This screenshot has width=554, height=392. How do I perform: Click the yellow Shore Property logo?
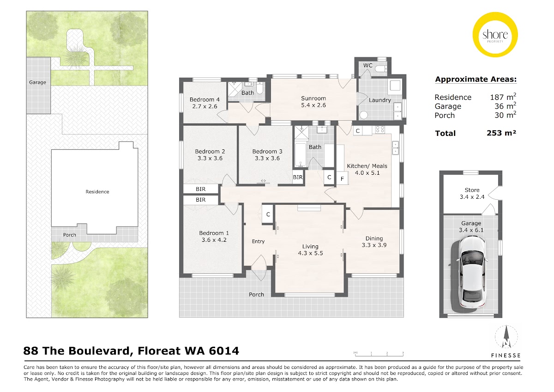[495, 35]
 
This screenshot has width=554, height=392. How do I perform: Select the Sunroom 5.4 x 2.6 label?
[313, 102]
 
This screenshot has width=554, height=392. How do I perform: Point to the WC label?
[368, 65]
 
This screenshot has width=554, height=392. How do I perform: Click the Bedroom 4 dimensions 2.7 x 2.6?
[205, 106]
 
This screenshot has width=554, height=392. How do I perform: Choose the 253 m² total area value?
[501, 133]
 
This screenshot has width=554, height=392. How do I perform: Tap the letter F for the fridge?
[342, 179]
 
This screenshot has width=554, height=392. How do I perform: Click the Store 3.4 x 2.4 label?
[472, 193]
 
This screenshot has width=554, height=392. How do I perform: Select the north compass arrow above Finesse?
[506, 337]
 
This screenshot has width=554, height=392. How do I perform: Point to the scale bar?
[379, 354]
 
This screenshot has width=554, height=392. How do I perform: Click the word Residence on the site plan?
[97, 192]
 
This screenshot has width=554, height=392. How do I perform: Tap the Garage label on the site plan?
[37, 82]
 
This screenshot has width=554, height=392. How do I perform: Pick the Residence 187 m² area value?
[503, 97]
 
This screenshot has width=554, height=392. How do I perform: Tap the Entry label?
[258, 241]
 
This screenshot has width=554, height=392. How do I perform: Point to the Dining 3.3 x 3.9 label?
[374, 242]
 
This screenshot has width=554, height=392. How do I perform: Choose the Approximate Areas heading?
[476, 80]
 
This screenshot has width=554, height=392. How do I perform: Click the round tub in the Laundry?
[364, 115]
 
